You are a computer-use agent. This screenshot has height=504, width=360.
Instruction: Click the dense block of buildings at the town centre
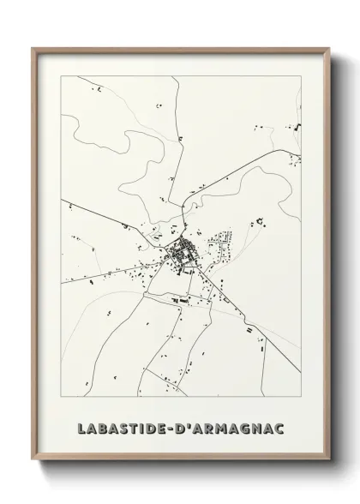point(182,253)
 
